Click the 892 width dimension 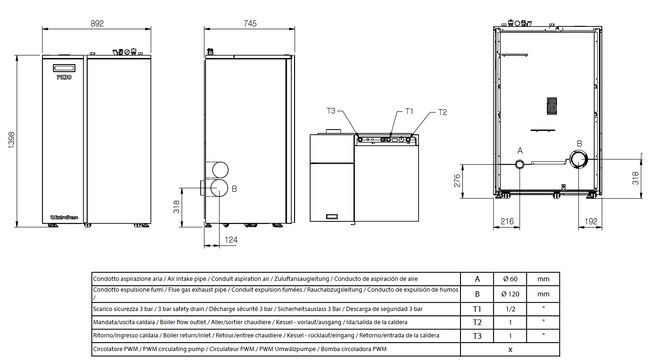pyautogui.click(x=97, y=24)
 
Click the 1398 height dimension pyautogui.click(x=11, y=140)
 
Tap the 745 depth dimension pyautogui.click(x=250, y=24)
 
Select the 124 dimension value pyautogui.click(x=231, y=240)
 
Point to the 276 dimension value pyautogui.click(x=457, y=180)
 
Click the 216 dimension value pyautogui.click(x=507, y=221)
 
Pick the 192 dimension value pyautogui.click(x=591, y=221)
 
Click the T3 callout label pyautogui.click(x=331, y=111)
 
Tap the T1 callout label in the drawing pyautogui.click(x=409, y=111)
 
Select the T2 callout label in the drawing pyautogui.click(x=443, y=112)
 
